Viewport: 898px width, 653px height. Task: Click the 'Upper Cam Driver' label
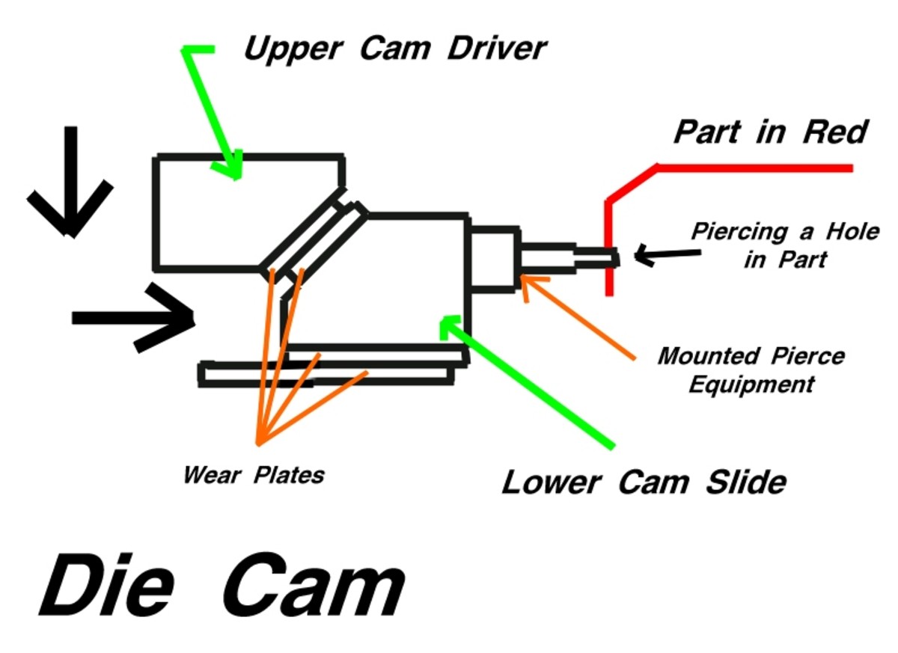coord(394,49)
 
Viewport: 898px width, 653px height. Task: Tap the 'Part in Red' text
coord(770,132)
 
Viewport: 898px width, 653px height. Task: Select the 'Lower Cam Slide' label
coord(644,482)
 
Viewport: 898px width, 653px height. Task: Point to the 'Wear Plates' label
coord(254,475)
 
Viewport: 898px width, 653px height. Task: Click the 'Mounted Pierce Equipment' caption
coord(751,370)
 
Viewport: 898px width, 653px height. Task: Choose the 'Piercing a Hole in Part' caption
coord(784,245)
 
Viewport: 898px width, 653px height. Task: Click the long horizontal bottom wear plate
coord(326,374)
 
